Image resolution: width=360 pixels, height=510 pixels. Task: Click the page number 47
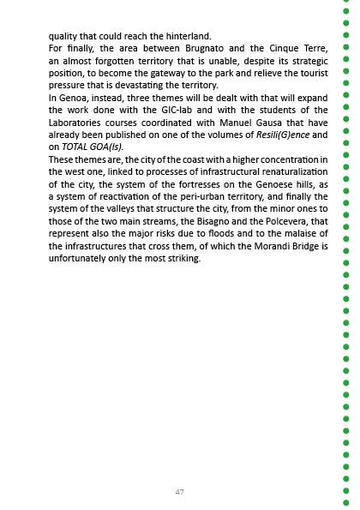[x=179, y=492]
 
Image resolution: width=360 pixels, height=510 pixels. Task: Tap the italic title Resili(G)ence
[x=282, y=135]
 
